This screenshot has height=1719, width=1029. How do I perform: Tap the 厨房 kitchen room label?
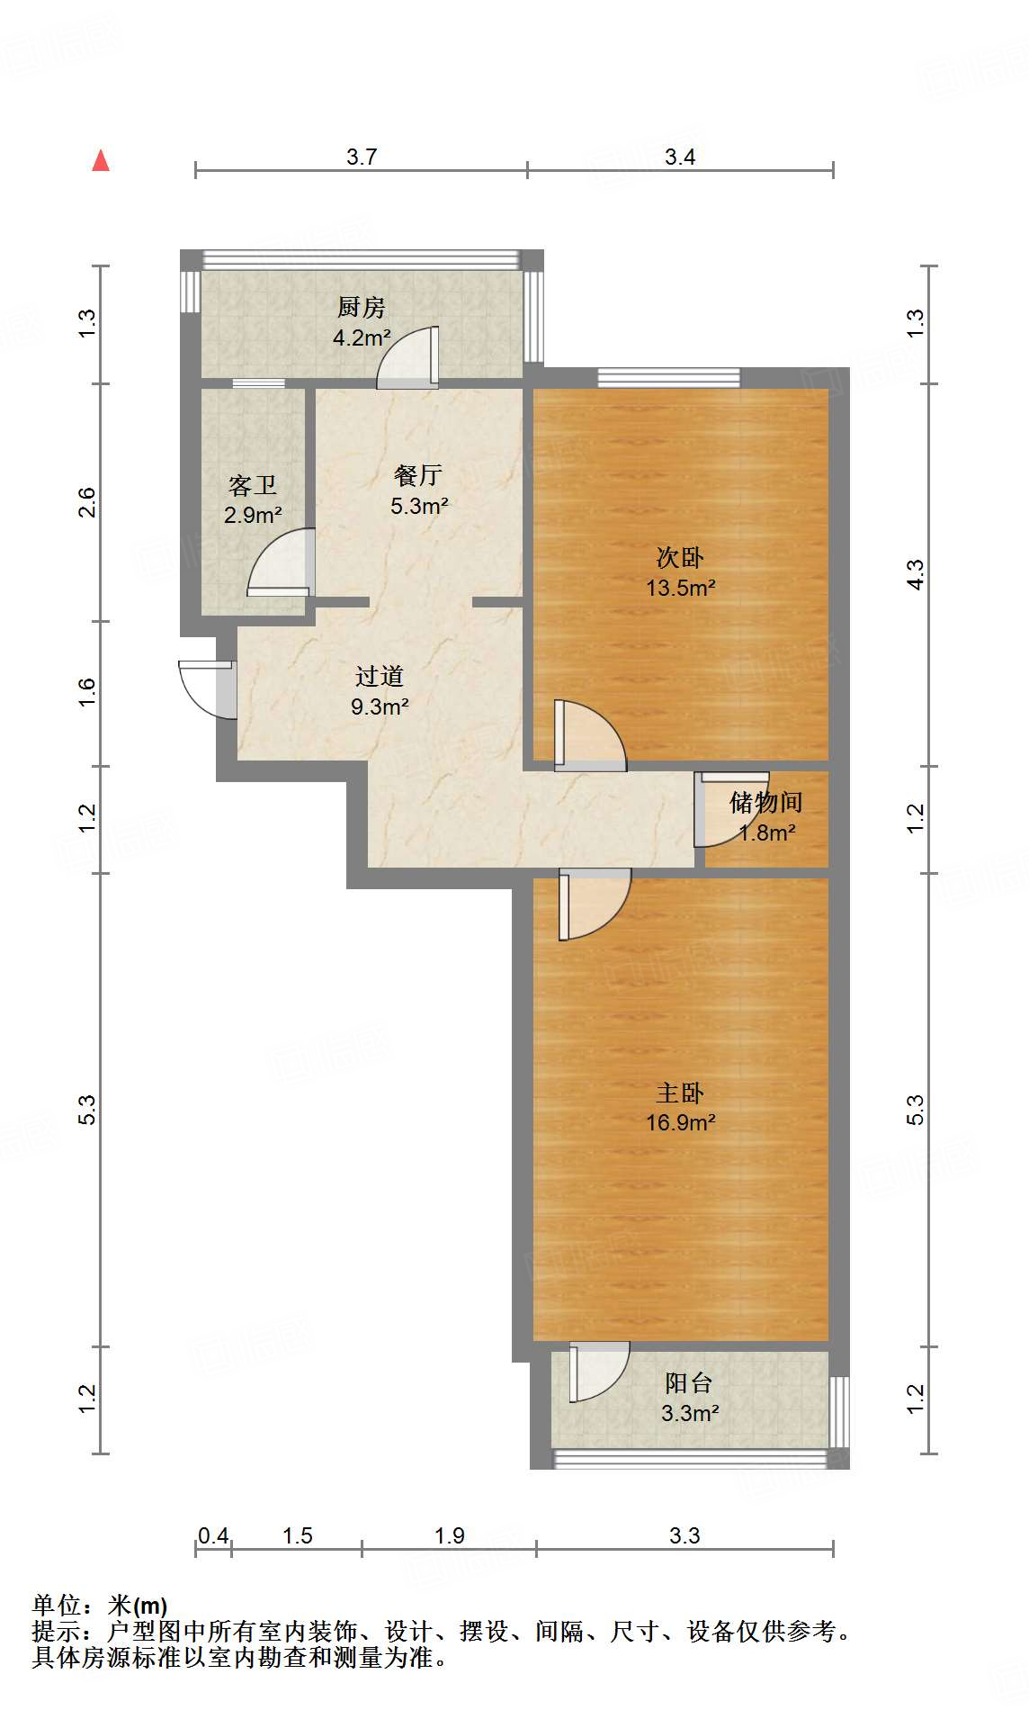tap(362, 308)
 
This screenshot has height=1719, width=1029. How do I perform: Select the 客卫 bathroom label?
tap(253, 486)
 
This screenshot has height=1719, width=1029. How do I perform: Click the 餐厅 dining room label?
tap(418, 475)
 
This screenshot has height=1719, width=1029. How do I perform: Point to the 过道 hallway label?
tap(380, 676)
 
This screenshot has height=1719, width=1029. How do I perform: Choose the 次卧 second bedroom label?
tap(680, 558)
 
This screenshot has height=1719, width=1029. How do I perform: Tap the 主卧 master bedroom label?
tap(680, 1093)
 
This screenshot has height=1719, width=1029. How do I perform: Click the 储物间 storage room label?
tap(766, 802)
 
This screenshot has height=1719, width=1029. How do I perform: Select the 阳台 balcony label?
tap(689, 1383)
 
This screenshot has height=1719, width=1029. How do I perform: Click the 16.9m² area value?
tap(681, 1122)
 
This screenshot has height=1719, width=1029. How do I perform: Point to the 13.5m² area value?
tap(681, 588)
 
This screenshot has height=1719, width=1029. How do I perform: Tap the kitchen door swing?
tap(407, 357)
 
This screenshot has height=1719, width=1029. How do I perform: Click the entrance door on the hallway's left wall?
tap(208, 689)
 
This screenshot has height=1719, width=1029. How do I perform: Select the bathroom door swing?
tap(281, 562)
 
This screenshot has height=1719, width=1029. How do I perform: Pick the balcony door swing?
tap(599, 1372)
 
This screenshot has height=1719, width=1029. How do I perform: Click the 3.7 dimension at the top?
tap(362, 157)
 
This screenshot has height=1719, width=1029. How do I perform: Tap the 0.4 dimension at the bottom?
tap(213, 1535)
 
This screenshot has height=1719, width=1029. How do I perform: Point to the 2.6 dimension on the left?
tap(86, 502)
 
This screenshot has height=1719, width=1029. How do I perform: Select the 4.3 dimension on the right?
tap(915, 574)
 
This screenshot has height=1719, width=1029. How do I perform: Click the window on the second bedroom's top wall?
tap(669, 377)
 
